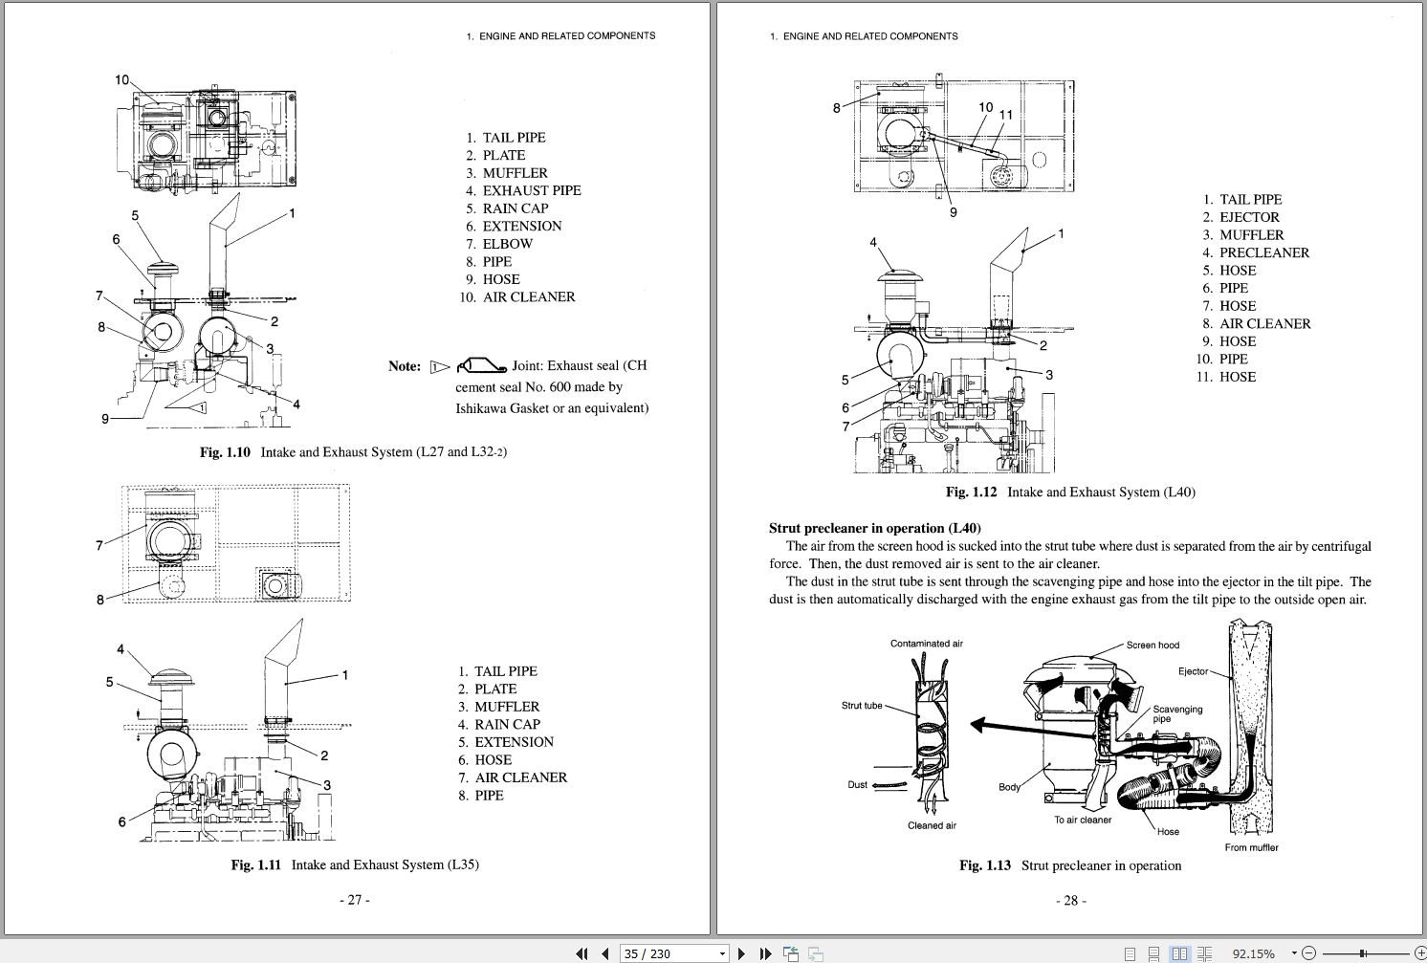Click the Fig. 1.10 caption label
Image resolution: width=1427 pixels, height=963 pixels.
tap(225, 452)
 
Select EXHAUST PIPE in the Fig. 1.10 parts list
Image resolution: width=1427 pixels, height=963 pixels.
tap(531, 190)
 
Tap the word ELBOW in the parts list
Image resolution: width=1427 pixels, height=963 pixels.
tap(507, 244)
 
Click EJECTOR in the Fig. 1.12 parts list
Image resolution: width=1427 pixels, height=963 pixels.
tap(1249, 217)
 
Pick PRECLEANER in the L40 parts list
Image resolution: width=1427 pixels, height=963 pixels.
tap(1264, 252)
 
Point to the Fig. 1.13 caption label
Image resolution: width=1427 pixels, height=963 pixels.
tap(984, 865)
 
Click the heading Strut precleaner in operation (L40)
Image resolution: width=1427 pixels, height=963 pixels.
tap(874, 528)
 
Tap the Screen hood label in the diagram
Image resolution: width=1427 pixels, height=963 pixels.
tap(1153, 646)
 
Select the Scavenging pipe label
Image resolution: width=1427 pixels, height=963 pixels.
tap(1176, 713)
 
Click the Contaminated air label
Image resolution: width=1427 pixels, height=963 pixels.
tap(926, 644)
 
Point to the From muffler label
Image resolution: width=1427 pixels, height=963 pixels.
tap(1251, 847)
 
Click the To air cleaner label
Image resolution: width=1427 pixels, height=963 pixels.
tap(1083, 820)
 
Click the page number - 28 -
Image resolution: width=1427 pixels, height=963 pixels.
tap(1070, 900)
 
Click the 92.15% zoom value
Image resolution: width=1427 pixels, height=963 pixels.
tap(1253, 953)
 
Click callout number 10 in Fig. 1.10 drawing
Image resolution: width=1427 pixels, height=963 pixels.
tap(122, 80)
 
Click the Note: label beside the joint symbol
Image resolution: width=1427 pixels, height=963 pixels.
tap(405, 366)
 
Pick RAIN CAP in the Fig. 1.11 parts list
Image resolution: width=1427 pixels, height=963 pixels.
tap(507, 724)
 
